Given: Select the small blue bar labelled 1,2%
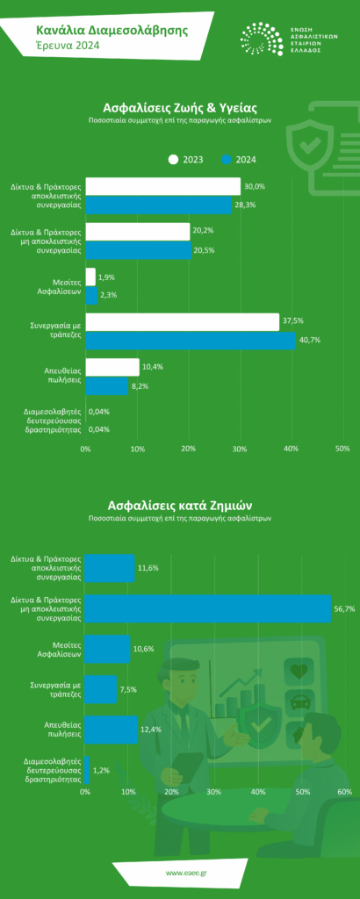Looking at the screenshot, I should [87, 770].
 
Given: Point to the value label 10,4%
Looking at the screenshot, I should [153, 367].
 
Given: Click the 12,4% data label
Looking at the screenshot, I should [152, 730].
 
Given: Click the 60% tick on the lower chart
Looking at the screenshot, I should [344, 792].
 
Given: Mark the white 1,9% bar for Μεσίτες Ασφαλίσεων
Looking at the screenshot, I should [90, 277].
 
